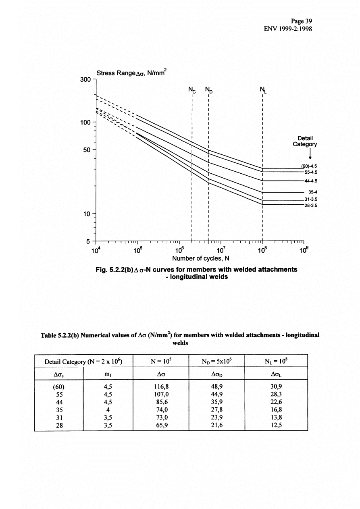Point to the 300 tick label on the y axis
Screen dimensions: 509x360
pos(87,80)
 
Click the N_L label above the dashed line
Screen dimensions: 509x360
pos(262,89)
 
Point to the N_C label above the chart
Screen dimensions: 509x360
pos(192,89)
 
